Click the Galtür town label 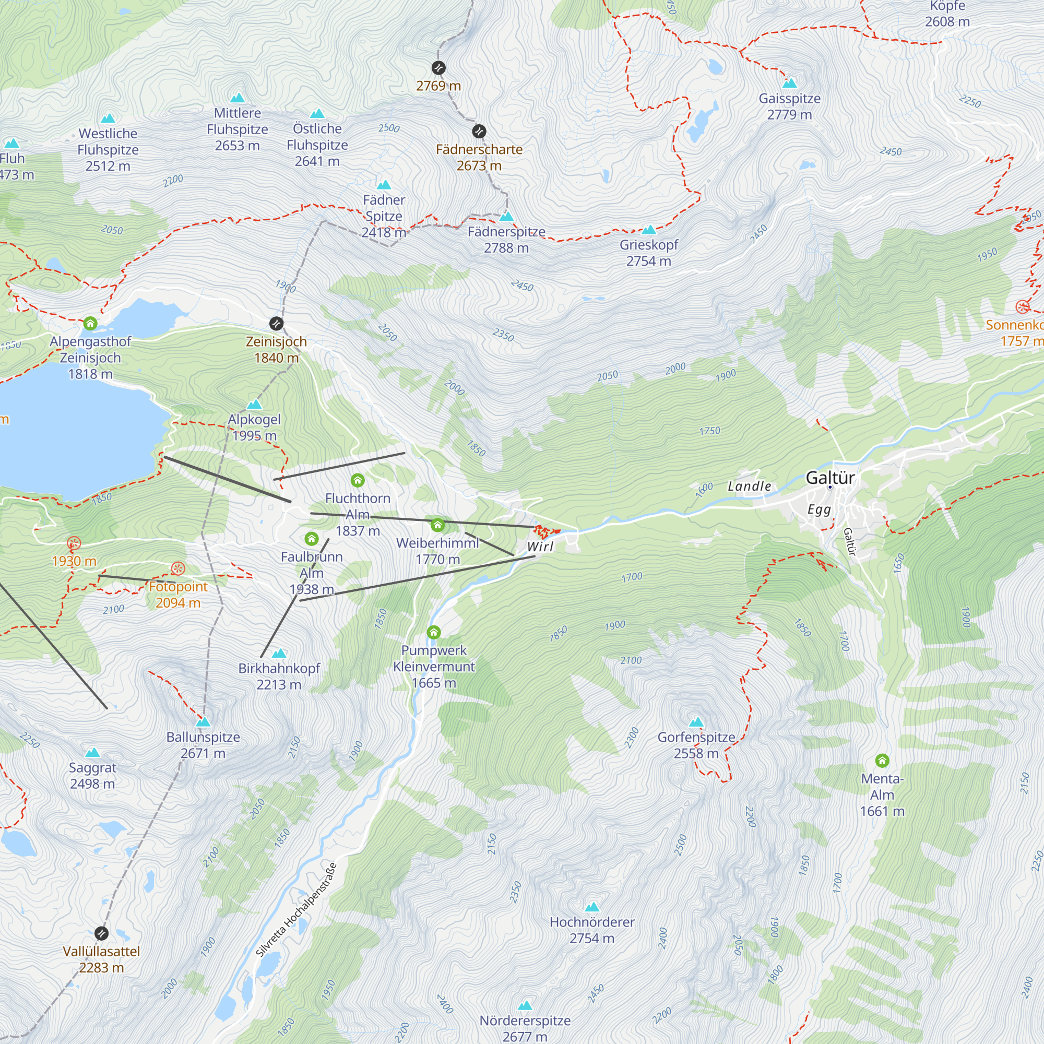[x=830, y=478]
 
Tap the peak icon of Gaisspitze [x=789, y=83]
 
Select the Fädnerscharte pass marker [x=479, y=132]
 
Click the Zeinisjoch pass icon [x=276, y=324]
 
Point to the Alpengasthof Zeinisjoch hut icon [x=90, y=323]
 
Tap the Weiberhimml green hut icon [x=438, y=525]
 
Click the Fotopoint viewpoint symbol [x=179, y=568]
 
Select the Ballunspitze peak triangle [x=203, y=722]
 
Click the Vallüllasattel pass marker [x=102, y=933]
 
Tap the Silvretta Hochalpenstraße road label [x=296, y=910]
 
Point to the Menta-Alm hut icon [x=882, y=761]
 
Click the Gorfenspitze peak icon [x=696, y=722]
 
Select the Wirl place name [x=540, y=547]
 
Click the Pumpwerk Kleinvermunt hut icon [x=433, y=632]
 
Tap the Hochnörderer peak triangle [x=592, y=907]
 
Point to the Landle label [x=749, y=487]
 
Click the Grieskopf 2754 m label [x=648, y=253]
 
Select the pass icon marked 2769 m [x=438, y=67]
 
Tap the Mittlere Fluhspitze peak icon [x=237, y=98]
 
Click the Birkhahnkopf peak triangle [x=279, y=654]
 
